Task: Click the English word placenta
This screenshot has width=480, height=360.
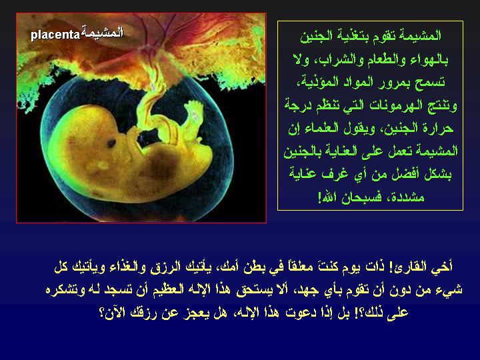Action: click(55, 33)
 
